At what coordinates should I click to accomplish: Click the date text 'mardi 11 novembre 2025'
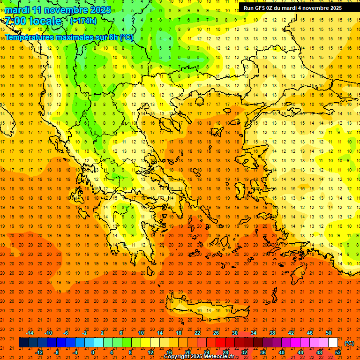point(58,10)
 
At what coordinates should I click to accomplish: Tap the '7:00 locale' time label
point(33,21)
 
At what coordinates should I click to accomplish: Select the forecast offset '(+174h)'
point(83,21)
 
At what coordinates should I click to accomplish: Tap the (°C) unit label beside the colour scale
point(349,343)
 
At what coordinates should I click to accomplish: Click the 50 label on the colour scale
point(329,333)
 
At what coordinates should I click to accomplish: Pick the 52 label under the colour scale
point(338,352)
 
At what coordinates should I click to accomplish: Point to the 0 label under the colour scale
point(93,352)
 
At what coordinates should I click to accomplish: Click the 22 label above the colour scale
point(197,333)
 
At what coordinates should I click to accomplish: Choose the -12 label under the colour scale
point(39,352)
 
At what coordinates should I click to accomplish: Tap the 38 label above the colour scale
point(272,333)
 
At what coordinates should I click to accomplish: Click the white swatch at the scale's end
point(333,343)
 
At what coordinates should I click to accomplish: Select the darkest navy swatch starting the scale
point(23,343)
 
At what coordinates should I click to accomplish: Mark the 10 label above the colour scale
point(141,333)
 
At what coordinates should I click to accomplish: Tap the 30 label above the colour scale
point(235,333)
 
